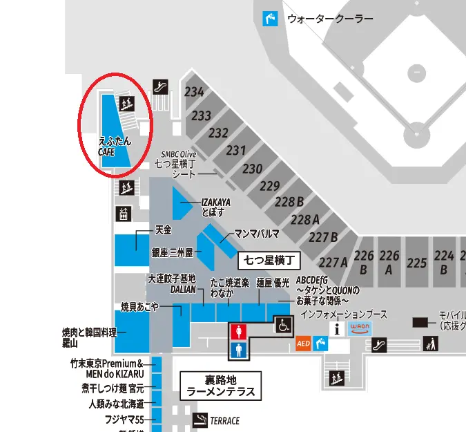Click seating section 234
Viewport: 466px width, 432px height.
click(x=194, y=92)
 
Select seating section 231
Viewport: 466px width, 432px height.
click(x=236, y=150)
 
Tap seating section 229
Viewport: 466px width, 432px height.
click(x=269, y=185)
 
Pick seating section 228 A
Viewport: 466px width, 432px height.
click(x=305, y=220)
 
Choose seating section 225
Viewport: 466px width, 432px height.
click(x=417, y=263)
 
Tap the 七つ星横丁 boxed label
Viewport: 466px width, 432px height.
click(x=271, y=261)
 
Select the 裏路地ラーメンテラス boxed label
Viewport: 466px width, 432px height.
click(x=221, y=386)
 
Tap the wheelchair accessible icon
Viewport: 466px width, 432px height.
click(x=283, y=323)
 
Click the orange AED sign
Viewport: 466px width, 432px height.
click(x=302, y=343)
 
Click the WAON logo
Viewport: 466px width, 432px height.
click(x=360, y=328)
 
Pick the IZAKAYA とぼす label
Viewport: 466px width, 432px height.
click(x=215, y=207)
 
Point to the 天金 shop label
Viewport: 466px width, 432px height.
click(x=162, y=229)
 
